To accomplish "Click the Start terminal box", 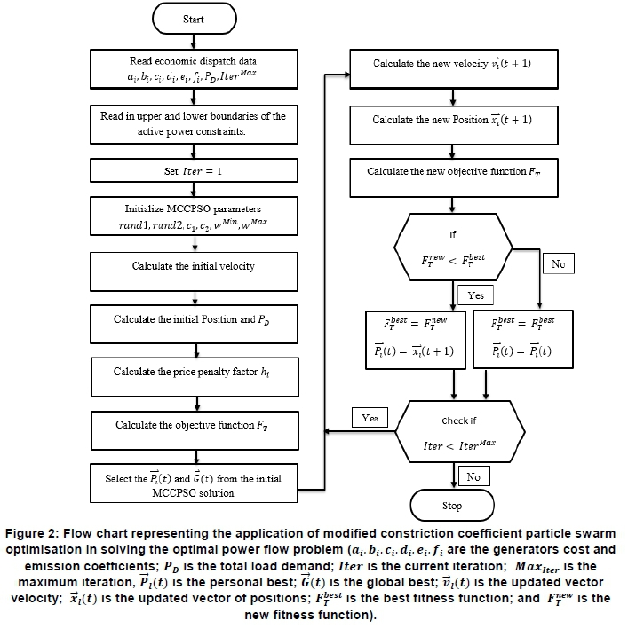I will point(192,19).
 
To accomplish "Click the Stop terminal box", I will point(452,506).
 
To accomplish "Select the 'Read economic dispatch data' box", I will point(193,68).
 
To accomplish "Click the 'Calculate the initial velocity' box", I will point(193,266).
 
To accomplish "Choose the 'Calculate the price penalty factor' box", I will point(193,372).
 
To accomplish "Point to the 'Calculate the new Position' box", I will point(452,120).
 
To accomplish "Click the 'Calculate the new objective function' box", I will point(452,172).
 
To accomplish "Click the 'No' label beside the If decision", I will point(559,264).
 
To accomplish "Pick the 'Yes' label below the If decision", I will point(475,295).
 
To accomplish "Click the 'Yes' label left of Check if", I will point(370,416).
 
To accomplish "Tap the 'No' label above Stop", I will point(473,477).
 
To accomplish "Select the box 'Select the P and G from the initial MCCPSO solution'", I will point(193,484).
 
